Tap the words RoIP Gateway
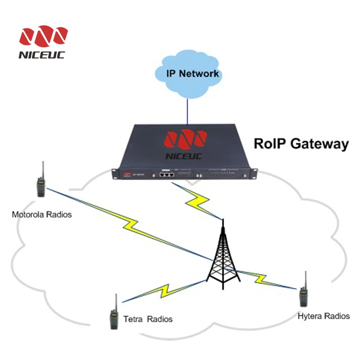301,144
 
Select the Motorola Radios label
42,215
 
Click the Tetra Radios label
148,319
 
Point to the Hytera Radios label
323,316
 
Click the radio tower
222,256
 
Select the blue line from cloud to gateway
186,110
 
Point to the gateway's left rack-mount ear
115,173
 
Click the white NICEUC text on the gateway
185,156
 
